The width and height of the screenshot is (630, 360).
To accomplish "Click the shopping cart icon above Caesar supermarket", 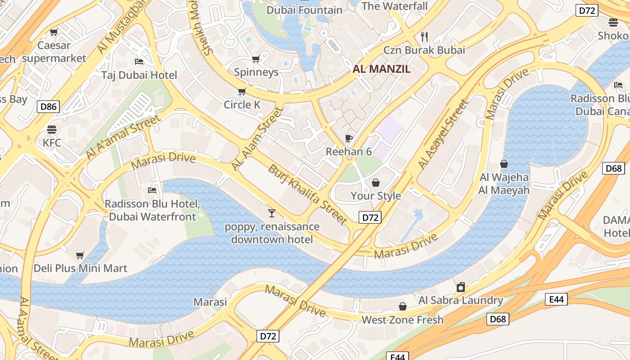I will coord(54,32).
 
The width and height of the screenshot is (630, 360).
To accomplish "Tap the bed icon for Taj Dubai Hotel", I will coord(139,61).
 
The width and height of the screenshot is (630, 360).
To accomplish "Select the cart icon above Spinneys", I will coord(256,59).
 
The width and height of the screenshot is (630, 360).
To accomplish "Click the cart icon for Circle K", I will coord(242,92).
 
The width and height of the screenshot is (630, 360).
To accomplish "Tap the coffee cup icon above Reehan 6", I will coord(348,138).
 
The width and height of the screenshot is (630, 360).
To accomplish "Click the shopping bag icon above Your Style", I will coord(375,183).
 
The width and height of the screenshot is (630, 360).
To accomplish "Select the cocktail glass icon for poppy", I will coord(272,213).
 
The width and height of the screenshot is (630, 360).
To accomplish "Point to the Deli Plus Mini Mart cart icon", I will coord(80,255).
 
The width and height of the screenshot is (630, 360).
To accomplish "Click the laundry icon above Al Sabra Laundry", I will coord(461,287).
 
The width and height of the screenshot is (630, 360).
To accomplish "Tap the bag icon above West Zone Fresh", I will coord(403,306).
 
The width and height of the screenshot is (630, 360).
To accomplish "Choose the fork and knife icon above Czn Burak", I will coord(424,36).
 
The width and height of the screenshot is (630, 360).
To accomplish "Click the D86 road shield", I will coord(48,107).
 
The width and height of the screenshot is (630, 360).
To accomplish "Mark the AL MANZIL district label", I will coord(382,69).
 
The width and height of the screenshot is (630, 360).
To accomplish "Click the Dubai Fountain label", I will coord(304,10).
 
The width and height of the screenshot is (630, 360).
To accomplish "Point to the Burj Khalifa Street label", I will coord(308,194).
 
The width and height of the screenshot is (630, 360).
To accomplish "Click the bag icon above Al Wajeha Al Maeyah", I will coord(504,164).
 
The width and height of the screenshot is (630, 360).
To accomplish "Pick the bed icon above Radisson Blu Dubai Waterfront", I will coord(152,190).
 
